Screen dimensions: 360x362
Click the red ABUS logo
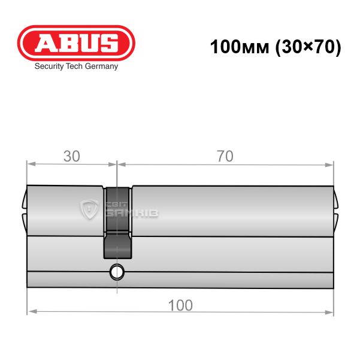(76, 43)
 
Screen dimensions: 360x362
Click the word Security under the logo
(49, 66)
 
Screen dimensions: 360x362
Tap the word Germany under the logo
(101, 66)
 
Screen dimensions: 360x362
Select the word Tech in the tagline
(74, 66)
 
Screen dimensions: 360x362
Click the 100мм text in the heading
(240, 47)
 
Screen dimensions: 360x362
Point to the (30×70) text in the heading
(308, 47)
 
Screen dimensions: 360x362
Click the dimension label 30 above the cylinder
(72, 156)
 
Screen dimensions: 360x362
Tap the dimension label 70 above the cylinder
(225, 156)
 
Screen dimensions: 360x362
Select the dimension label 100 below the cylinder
(180, 305)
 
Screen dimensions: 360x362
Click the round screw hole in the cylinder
(117, 272)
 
